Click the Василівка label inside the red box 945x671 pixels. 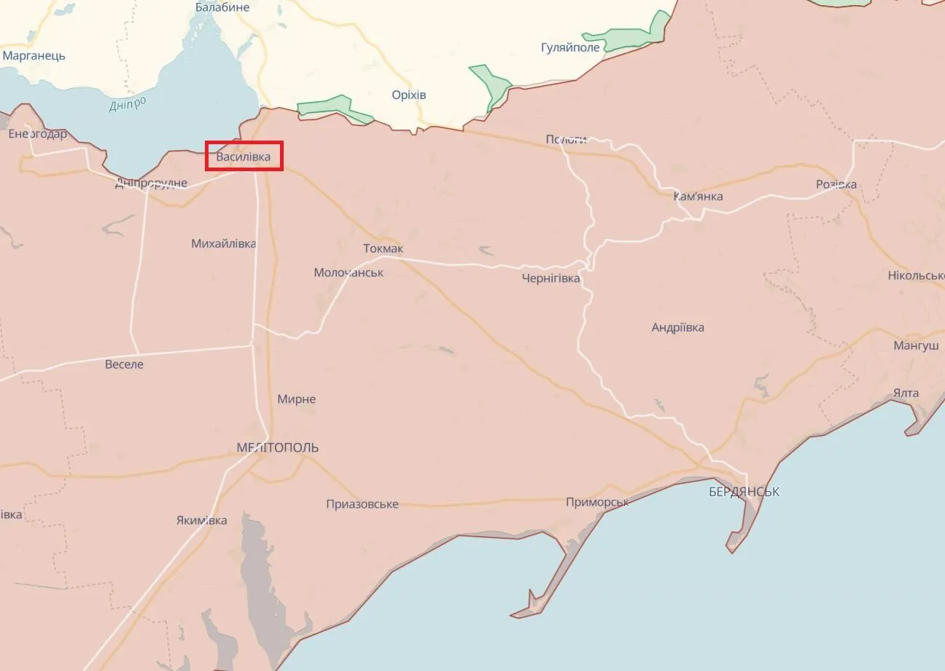click(x=244, y=157)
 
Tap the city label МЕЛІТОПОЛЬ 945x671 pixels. click(x=278, y=447)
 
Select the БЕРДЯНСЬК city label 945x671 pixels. click(x=744, y=492)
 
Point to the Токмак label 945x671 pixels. click(x=383, y=249)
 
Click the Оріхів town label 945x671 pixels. click(x=408, y=95)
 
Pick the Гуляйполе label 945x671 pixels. click(x=570, y=47)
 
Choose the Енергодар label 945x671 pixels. click(x=37, y=134)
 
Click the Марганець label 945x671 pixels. click(x=34, y=55)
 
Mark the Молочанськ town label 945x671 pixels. click(x=349, y=272)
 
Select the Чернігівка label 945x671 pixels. click(x=551, y=278)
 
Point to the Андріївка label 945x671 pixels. click(x=677, y=327)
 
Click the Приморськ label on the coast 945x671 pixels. click(x=597, y=503)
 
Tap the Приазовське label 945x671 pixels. click(x=362, y=504)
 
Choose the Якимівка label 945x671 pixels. click(x=201, y=520)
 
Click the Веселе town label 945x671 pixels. click(x=124, y=364)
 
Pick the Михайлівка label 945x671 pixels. click(x=223, y=243)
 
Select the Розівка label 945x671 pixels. click(x=836, y=184)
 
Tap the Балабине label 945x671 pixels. click(x=222, y=7)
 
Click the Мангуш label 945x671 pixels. click(x=916, y=346)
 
